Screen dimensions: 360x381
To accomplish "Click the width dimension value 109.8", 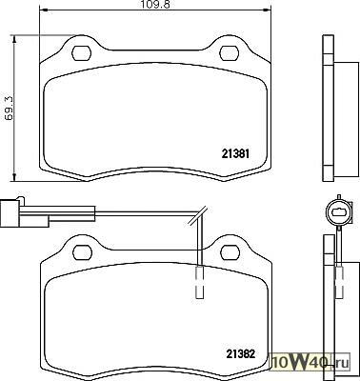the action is pos(152,4).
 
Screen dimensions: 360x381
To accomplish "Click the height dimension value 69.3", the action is pos(9,109).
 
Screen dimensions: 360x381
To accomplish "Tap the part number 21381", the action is pos(236,154).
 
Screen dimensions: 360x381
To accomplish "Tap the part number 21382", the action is pos(241,353).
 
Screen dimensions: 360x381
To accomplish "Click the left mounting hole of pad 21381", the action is pos(82,53).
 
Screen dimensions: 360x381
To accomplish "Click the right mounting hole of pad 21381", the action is pos(230,53).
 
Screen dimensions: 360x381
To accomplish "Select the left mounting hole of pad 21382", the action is pos(83,252).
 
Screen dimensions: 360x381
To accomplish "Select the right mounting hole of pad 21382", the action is pos(230,252).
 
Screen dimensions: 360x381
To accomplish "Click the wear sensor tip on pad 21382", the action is pos(200,282).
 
